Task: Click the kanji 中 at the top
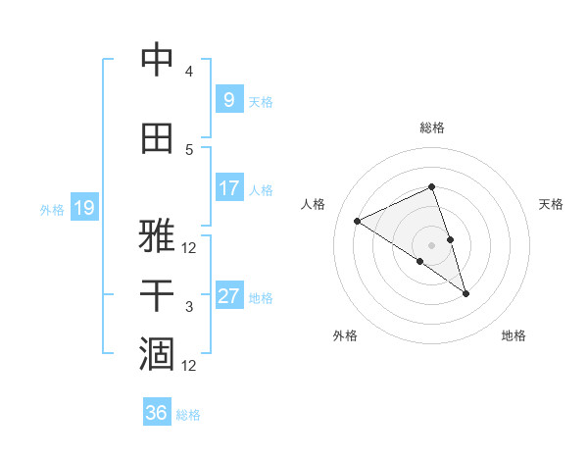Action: click(157, 60)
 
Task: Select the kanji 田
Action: click(157, 138)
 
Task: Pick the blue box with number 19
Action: click(83, 208)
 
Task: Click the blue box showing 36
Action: click(157, 413)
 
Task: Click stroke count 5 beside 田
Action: click(189, 149)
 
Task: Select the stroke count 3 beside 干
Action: click(189, 307)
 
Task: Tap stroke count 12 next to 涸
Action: click(189, 366)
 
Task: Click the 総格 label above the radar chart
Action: click(432, 128)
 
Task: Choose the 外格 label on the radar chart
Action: click(345, 336)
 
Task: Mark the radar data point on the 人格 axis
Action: click(358, 221)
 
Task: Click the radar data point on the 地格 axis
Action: click(465, 293)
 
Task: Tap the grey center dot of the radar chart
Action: click(432, 243)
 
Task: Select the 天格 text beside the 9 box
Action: click(261, 101)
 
